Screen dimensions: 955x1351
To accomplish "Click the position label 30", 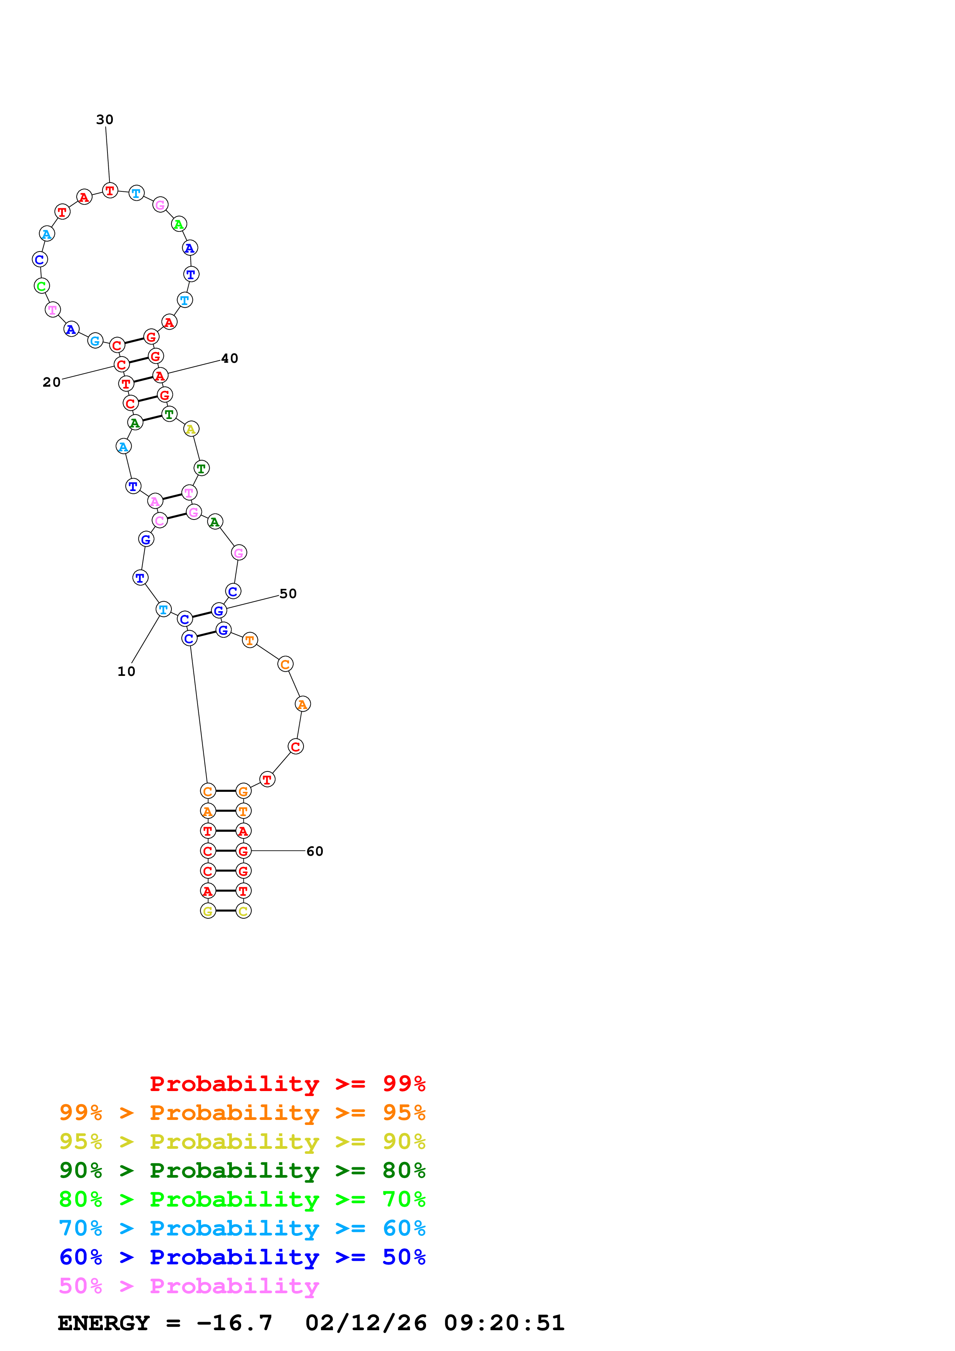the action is click(x=105, y=119).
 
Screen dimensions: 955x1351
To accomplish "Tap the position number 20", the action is click(x=52, y=382).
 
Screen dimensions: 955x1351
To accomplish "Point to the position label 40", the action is click(x=230, y=358).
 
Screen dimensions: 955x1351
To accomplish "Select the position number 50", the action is click(x=288, y=594).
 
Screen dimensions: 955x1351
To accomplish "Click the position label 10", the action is click(x=126, y=671).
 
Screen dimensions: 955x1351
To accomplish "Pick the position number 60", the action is click(x=315, y=851).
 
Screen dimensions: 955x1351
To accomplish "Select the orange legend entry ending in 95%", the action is click(x=242, y=1113).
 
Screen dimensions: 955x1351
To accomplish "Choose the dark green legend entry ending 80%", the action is click(x=242, y=1170).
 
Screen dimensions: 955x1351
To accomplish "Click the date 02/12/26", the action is click(x=366, y=1323).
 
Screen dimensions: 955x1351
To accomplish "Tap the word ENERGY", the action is click(x=104, y=1323).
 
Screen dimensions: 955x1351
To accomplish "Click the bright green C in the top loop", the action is click(x=42, y=287).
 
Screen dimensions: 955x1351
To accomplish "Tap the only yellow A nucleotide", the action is click(x=191, y=429).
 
